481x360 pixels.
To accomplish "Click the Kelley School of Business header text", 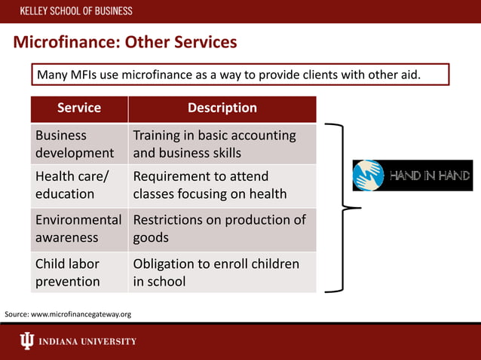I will click(x=76, y=11).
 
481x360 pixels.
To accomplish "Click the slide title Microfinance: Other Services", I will click(x=125, y=41).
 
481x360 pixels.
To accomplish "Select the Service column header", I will click(x=79, y=108).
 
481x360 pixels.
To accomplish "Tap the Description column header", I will click(x=222, y=108).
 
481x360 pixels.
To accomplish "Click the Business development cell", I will click(x=75, y=144).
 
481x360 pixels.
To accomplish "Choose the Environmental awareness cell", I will click(x=78, y=228).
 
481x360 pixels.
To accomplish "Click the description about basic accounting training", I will click(x=214, y=144).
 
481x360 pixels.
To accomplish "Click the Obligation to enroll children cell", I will click(x=216, y=273).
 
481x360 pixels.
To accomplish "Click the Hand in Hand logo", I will click(x=412, y=175).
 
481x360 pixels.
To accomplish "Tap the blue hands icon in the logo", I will click(x=369, y=175).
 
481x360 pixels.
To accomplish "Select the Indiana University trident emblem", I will click(x=26, y=341).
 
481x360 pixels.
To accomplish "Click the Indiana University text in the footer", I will click(x=88, y=342).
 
